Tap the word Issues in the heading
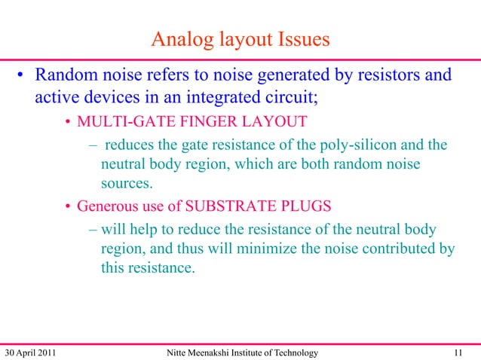tap(301, 39)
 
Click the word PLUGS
tap(306, 206)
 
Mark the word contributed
tap(397, 248)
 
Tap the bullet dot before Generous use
tap(68, 207)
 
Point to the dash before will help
tap(92, 229)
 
